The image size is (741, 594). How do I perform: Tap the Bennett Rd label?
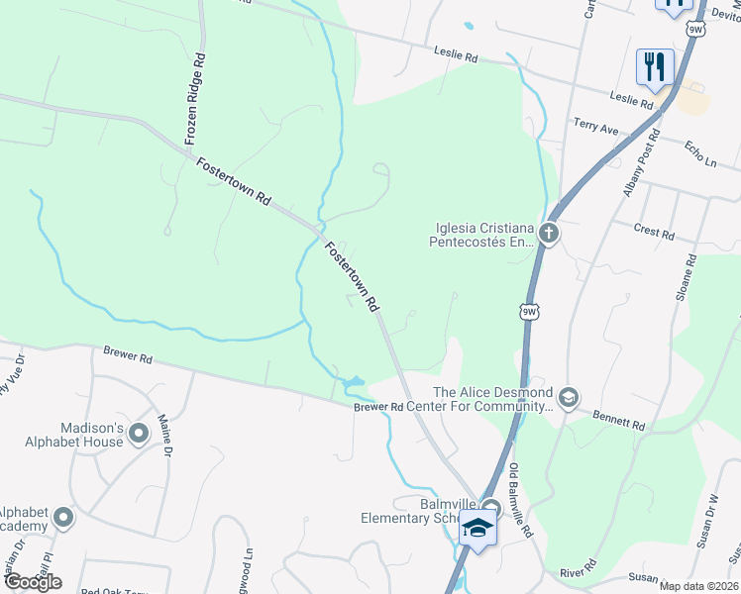tap(619, 420)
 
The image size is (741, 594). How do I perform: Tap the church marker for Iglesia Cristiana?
tap(549, 235)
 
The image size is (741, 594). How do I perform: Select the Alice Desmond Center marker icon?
tap(568, 397)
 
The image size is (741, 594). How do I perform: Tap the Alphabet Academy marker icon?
tap(64, 518)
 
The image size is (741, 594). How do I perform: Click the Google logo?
tap(33, 581)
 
